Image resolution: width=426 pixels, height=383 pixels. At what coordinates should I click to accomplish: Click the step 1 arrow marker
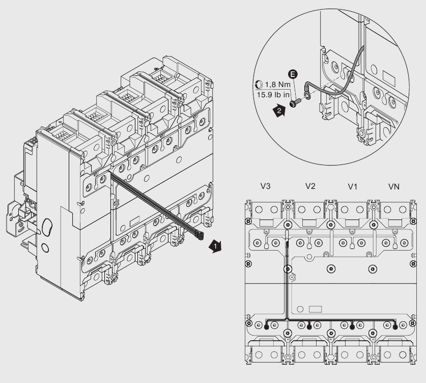(x=216, y=247)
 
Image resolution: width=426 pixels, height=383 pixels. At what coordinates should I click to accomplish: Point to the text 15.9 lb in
(x=273, y=95)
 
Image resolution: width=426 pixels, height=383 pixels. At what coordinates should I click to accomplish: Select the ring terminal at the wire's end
(x=307, y=93)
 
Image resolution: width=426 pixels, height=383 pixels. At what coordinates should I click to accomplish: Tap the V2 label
(x=310, y=187)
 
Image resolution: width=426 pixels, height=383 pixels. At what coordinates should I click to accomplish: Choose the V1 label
(x=352, y=187)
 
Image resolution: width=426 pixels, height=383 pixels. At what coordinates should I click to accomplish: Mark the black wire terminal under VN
(x=395, y=327)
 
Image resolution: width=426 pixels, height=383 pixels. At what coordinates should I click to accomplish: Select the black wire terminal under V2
(x=310, y=327)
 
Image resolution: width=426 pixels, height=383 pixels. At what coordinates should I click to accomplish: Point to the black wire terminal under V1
(x=353, y=327)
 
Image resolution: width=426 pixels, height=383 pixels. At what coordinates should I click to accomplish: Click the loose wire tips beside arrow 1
(x=200, y=235)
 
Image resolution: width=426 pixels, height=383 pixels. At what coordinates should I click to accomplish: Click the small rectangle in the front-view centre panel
(x=316, y=309)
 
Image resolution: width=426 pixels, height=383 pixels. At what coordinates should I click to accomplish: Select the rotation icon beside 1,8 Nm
(x=258, y=86)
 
